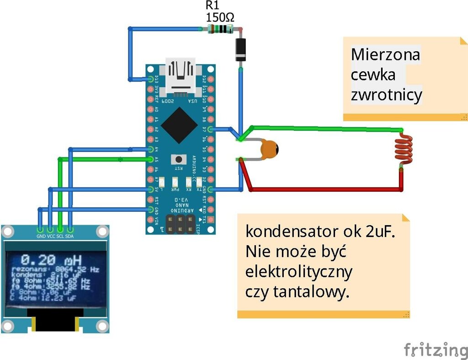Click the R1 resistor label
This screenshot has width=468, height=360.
[x=213, y=6]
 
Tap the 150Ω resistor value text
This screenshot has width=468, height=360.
[x=220, y=18]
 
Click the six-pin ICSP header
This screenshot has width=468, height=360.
[x=180, y=224]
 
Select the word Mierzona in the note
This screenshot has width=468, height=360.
[x=385, y=55]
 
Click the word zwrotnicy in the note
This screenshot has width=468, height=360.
[x=386, y=95]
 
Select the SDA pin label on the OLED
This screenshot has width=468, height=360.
[x=70, y=236]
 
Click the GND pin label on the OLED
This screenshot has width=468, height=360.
[x=41, y=236]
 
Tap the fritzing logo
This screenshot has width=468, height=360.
[x=436, y=350]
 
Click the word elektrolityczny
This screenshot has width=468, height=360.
[x=299, y=272]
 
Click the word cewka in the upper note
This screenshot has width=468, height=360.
[x=373, y=75]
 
